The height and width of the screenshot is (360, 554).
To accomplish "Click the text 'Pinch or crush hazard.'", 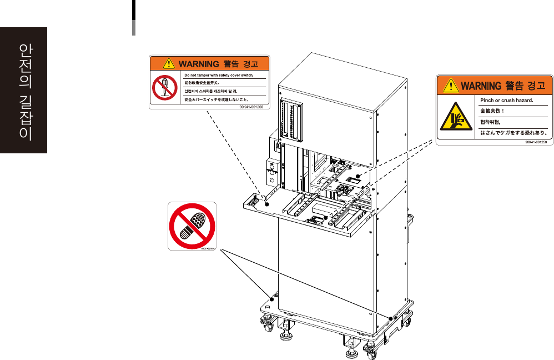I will tap(506, 101).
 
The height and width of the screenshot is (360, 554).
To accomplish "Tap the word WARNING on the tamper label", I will tap(193, 63).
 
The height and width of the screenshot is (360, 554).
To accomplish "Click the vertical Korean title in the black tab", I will tap(24, 91).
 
